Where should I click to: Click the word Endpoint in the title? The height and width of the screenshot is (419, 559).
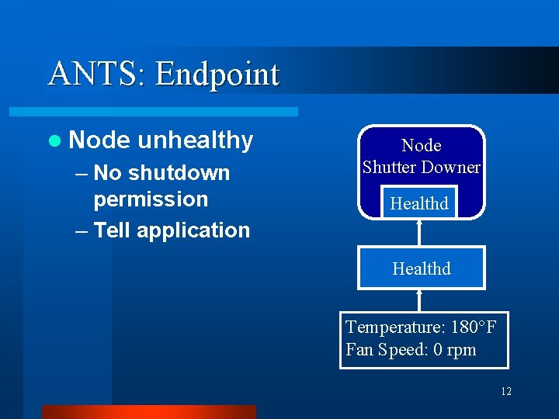pyautogui.click(x=217, y=74)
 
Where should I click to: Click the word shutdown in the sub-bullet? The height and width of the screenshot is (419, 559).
pyautogui.click(x=179, y=172)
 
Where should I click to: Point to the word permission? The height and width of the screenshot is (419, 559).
pyautogui.click(x=151, y=199)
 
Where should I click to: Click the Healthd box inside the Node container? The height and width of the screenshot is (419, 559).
pyautogui.click(x=419, y=203)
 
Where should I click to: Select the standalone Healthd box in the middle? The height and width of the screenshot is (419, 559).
pyautogui.click(x=421, y=268)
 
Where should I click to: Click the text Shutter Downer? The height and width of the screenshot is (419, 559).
pyautogui.click(x=421, y=167)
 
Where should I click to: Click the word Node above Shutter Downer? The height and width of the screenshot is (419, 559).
pyautogui.click(x=421, y=145)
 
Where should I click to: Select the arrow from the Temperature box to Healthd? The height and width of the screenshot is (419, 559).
pyautogui.click(x=420, y=300)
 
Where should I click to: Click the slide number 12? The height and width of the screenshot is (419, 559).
pyautogui.click(x=506, y=392)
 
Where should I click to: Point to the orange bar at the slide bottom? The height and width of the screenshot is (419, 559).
pyautogui.click(x=148, y=411)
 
